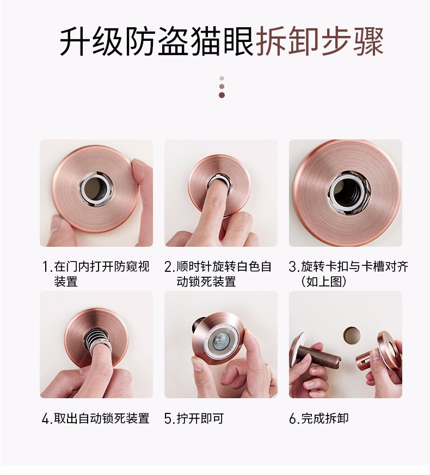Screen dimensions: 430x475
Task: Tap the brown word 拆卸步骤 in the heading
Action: coord(320,41)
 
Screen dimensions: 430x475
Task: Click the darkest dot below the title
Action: coord(222,95)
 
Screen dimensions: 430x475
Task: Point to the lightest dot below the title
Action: coord(222,78)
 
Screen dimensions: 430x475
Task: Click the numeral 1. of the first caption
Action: coord(47,267)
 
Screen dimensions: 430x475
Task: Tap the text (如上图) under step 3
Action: coord(324,282)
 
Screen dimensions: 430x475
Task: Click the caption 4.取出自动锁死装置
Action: coord(96,418)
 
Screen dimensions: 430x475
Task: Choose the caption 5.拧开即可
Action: coord(194,418)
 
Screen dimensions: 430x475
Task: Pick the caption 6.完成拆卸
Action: coord(318,418)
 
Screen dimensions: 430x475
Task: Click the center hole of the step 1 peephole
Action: coord(96,190)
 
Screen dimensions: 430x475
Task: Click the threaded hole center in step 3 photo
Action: coord(348,192)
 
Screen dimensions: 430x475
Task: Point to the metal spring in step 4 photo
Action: coord(97,338)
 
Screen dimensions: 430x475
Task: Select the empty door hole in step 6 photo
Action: coord(352,335)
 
